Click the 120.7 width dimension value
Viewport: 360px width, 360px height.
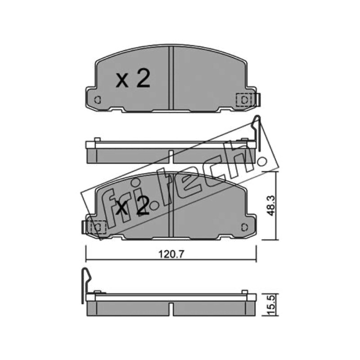pyautogui.click(x=171, y=254)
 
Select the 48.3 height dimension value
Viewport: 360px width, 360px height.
pyautogui.click(x=271, y=206)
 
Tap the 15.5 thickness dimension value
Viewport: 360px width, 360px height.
pyautogui.click(x=271, y=305)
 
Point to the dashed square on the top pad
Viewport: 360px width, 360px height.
pyautogui.click(x=244, y=100)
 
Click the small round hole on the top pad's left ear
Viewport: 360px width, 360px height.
pyautogui.click(x=98, y=100)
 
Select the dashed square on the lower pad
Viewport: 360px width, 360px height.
pyautogui.click(x=98, y=227)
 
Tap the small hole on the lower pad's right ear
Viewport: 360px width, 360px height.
pyautogui.click(x=245, y=227)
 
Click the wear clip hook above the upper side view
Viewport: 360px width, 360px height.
pyautogui.click(x=257, y=133)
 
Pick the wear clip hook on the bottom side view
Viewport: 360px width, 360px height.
pyautogui.click(x=86, y=285)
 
